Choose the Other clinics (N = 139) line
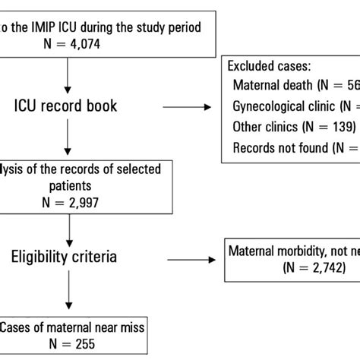[288, 127]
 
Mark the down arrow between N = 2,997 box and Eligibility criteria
[71, 228]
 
